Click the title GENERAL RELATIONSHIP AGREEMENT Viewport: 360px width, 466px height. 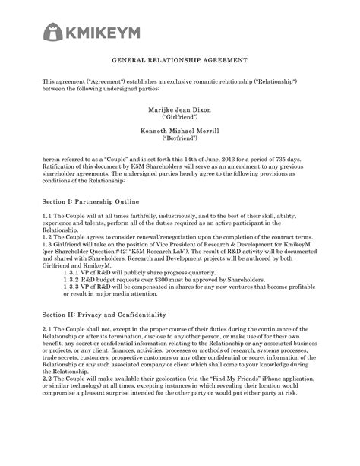[x=179, y=59]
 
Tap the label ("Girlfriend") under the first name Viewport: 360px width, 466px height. [x=179, y=119]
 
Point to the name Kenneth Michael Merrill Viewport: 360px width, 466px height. [x=179, y=132]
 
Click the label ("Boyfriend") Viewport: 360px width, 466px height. [x=179, y=141]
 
